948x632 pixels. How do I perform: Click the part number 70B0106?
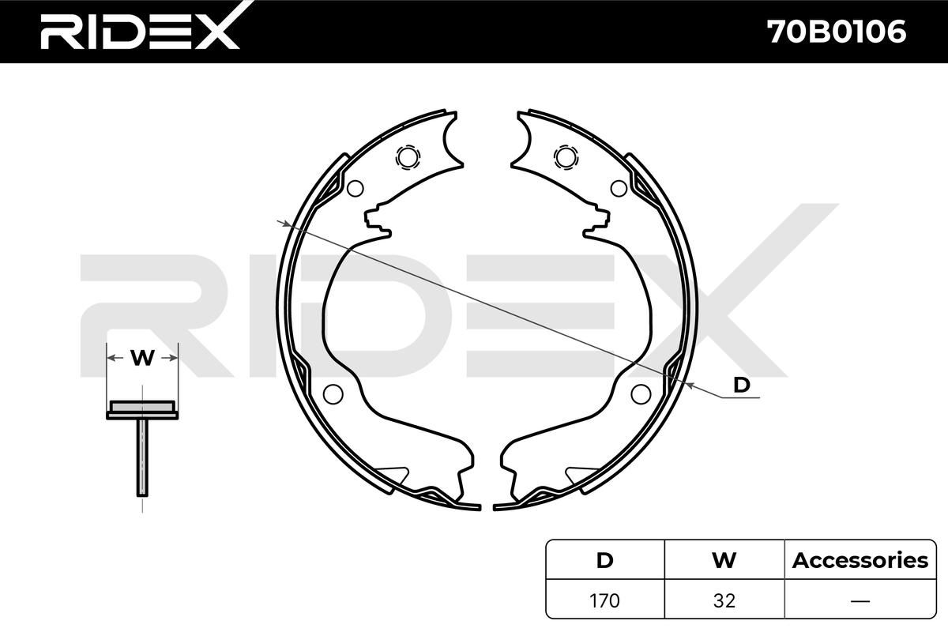point(837,32)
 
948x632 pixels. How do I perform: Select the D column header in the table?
point(605,560)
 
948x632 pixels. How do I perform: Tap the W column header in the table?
point(724,560)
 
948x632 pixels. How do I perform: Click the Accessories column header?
point(860,560)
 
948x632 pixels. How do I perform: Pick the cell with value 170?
point(605,600)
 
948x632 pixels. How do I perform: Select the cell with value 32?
point(724,600)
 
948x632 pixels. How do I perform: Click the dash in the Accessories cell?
point(860,600)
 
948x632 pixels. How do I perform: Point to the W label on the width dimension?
point(142,358)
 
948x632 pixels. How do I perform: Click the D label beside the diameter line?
point(741,386)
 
